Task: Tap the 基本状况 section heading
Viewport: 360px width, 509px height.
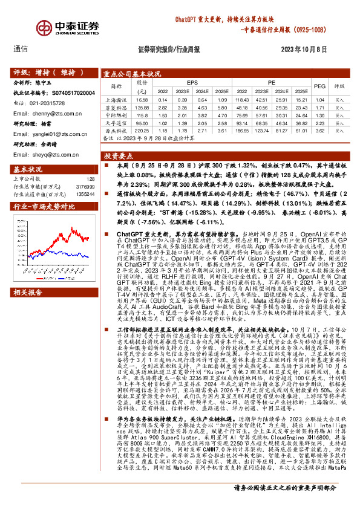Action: tap(28, 169)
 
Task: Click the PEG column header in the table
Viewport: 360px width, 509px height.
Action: tap(319, 86)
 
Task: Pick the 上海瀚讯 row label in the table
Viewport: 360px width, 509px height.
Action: tap(117, 99)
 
